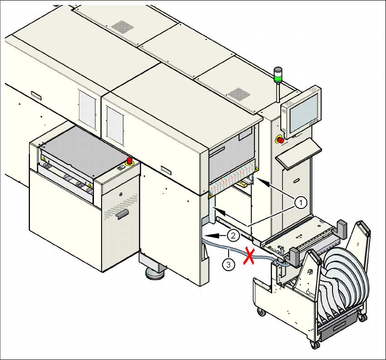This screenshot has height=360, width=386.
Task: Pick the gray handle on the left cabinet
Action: point(122,214)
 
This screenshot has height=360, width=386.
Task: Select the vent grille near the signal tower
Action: point(239,94)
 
